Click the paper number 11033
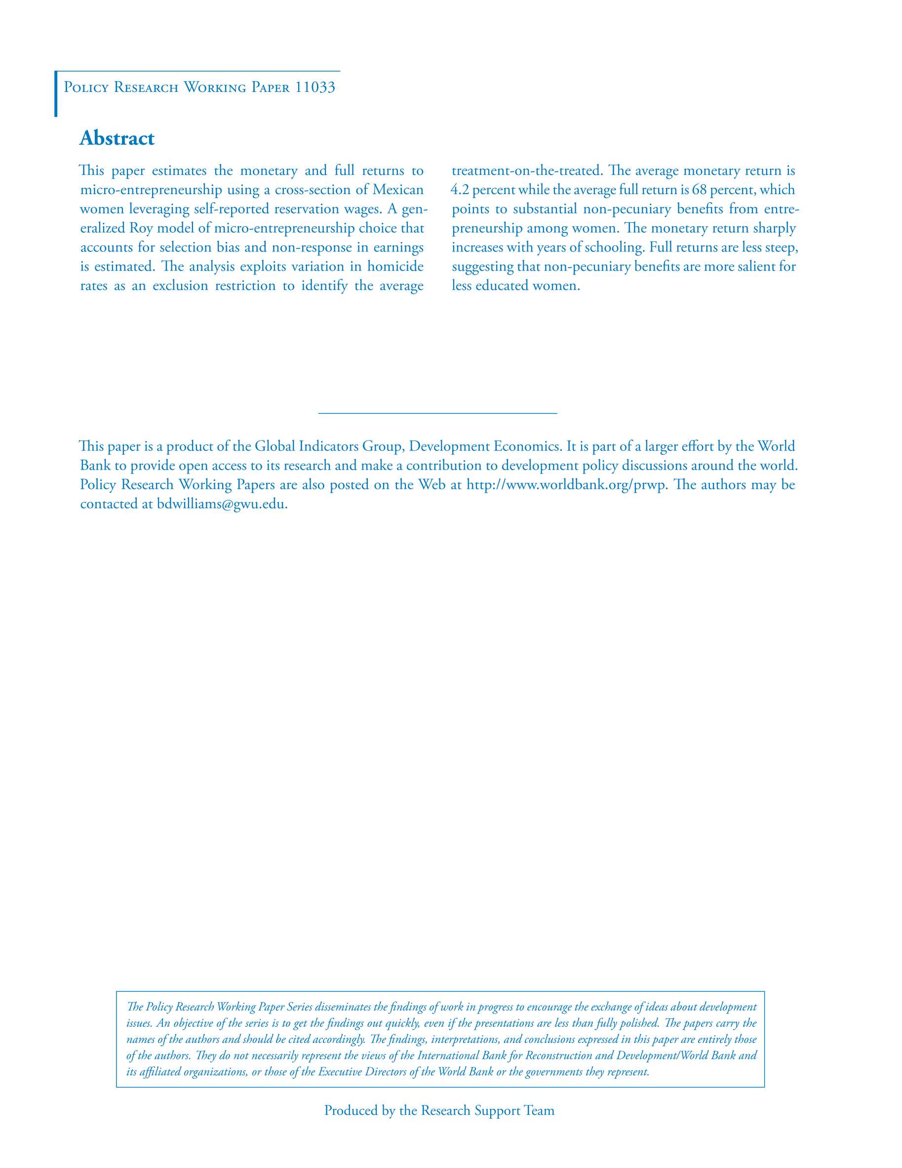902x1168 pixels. (x=315, y=87)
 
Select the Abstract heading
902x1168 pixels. (x=117, y=138)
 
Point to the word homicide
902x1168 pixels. (x=395, y=266)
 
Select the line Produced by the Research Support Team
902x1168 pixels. (x=439, y=1110)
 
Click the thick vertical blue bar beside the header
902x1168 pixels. (x=56, y=94)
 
